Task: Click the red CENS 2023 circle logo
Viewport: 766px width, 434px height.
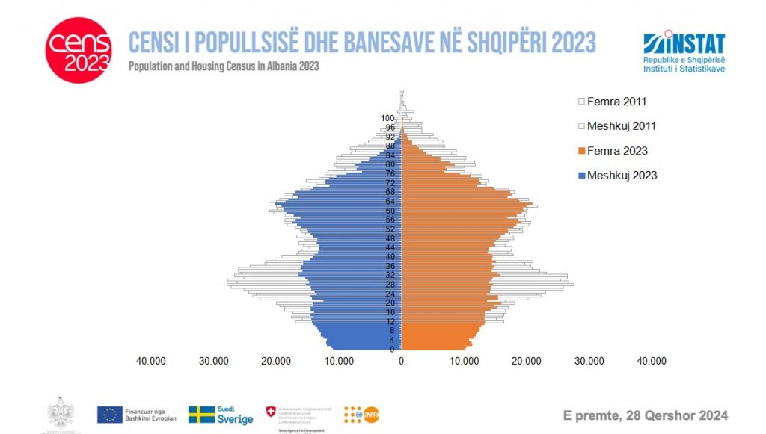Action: (x=79, y=51)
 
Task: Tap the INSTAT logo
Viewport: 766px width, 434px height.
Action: (x=683, y=52)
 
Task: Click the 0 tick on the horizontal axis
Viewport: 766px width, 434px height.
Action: (x=402, y=361)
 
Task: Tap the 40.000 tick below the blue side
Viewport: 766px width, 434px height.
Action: (x=151, y=361)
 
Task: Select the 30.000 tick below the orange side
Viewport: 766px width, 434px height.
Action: (x=589, y=361)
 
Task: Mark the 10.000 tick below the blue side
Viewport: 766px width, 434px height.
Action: (x=339, y=361)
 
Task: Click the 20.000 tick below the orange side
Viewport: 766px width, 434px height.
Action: (x=527, y=361)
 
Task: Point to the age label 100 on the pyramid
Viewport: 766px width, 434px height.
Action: (x=387, y=118)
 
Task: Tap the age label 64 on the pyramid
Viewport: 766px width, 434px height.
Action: (x=390, y=201)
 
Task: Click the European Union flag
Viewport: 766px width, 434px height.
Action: (x=109, y=415)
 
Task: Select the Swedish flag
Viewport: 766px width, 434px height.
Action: (x=202, y=415)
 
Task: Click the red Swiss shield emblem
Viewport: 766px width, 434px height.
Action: (x=271, y=412)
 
